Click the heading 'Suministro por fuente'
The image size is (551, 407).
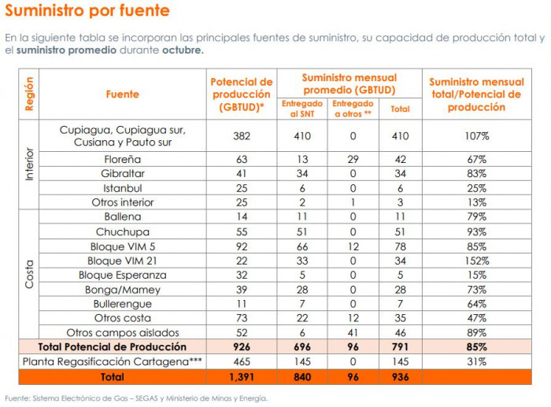click(x=87, y=11)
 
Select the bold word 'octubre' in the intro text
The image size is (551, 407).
click(x=183, y=50)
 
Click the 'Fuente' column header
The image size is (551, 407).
click(x=122, y=94)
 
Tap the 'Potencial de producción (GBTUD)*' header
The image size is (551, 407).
click(x=241, y=94)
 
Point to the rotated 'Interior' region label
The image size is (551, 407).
click(x=29, y=165)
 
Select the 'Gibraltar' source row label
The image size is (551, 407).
click(x=122, y=174)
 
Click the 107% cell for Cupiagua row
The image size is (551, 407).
click(x=476, y=136)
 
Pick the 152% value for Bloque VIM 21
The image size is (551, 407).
click(x=476, y=261)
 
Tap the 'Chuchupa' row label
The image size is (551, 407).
click(x=122, y=231)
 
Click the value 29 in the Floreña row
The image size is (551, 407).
click(x=353, y=159)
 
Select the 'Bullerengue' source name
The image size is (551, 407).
click(x=122, y=304)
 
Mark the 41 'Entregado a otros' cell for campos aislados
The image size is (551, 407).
click(x=353, y=333)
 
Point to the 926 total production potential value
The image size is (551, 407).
click(x=241, y=347)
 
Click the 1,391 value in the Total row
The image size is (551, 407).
click(x=241, y=377)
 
